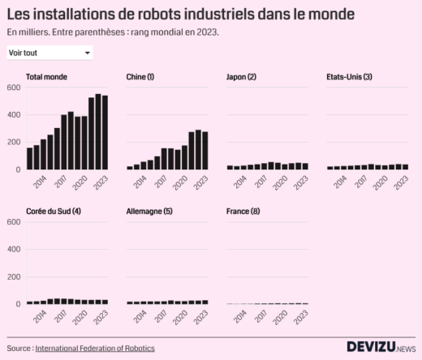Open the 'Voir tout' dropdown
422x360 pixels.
49,53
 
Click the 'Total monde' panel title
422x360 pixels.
46,77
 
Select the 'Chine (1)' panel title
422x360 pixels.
140,77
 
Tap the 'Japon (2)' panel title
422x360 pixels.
241,77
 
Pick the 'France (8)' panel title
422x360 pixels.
243,212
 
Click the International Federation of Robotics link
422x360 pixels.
95,348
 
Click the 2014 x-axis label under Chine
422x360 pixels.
140,182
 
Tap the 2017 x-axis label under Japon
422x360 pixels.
261,182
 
